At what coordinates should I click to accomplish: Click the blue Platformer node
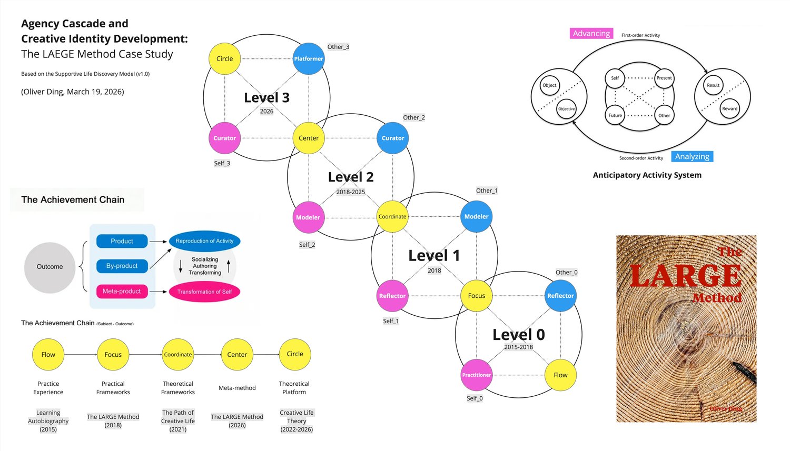tap(309, 59)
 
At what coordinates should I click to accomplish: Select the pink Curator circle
tap(224, 138)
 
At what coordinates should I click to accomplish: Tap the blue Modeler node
tap(476, 216)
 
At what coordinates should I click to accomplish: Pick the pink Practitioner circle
tap(476, 375)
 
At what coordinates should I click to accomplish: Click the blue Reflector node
tap(560, 296)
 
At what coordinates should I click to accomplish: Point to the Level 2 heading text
tap(351, 177)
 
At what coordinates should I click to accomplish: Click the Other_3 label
tap(338, 47)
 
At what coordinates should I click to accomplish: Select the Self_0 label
tap(475, 398)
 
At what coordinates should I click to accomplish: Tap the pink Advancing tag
tap(591, 33)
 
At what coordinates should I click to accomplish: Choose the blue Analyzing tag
tap(692, 156)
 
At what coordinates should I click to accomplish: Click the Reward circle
tap(729, 108)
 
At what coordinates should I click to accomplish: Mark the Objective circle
tap(566, 109)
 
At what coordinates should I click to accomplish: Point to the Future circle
tap(615, 115)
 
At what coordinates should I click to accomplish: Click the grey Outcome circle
tap(50, 267)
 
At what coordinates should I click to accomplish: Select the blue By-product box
tap(122, 266)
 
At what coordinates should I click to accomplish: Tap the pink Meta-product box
tap(122, 291)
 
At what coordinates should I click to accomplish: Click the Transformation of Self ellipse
tap(204, 292)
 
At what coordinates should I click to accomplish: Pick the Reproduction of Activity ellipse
tap(204, 241)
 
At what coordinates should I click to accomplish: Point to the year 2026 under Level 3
tap(266, 111)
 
